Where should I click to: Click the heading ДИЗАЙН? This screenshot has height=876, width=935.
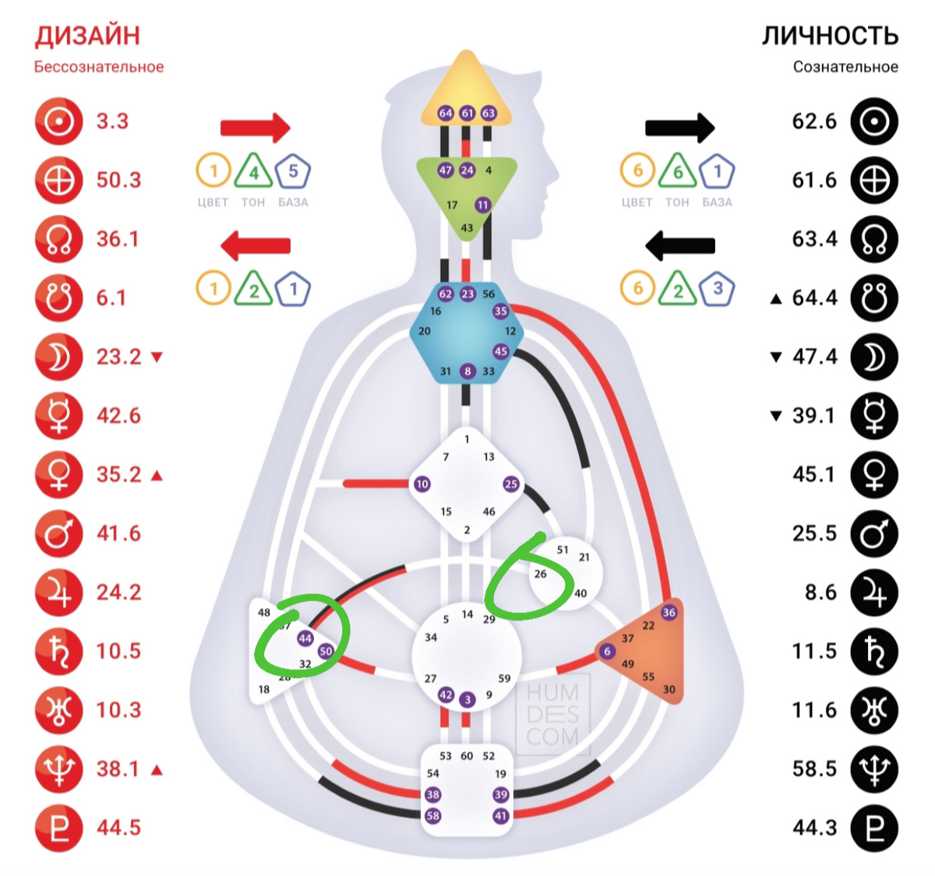(x=87, y=36)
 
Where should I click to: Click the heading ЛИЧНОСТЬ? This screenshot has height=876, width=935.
(x=830, y=36)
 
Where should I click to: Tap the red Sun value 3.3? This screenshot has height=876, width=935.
(x=112, y=121)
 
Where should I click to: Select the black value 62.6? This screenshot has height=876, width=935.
(x=814, y=121)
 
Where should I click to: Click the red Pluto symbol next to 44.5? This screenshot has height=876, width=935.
(x=59, y=828)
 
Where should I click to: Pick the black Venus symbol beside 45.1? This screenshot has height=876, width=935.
(x=874, y=475)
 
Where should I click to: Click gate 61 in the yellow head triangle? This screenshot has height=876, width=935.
(x=467, y=113)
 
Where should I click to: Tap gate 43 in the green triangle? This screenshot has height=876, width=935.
(x=467, y=228)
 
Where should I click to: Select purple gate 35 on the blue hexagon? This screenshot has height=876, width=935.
(x=500, y=311)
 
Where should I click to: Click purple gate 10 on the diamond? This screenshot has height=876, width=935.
(x=422, y=484)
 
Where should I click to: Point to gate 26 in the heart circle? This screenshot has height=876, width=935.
(x=540, y=574)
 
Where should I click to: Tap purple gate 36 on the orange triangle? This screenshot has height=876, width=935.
(x=669, y=612)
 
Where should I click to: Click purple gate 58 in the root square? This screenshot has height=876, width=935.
(x=432, y=816)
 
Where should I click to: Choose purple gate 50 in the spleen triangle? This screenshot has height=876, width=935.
(x=326, y=651)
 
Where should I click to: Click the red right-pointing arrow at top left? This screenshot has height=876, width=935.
(x=255, y=128)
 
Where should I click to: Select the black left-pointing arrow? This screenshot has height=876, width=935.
(x=679, y=246)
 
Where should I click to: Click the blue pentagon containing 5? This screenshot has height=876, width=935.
(x=293, y=171)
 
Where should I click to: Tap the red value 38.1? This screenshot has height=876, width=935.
(x=118, y=769)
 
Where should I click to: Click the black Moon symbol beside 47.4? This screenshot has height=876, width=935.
(x=874, y=357)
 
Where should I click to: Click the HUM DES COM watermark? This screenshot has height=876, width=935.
(x=552, y=715)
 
